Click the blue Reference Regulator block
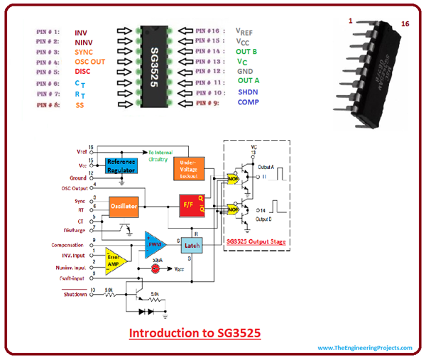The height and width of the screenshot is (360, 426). coord(120,165)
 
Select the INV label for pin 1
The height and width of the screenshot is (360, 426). coord(82,32)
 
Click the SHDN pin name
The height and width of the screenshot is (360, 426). coord(250,92)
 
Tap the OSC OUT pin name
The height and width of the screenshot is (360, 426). coord(89,62)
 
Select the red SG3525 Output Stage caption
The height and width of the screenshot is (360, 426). coord(256,241)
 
